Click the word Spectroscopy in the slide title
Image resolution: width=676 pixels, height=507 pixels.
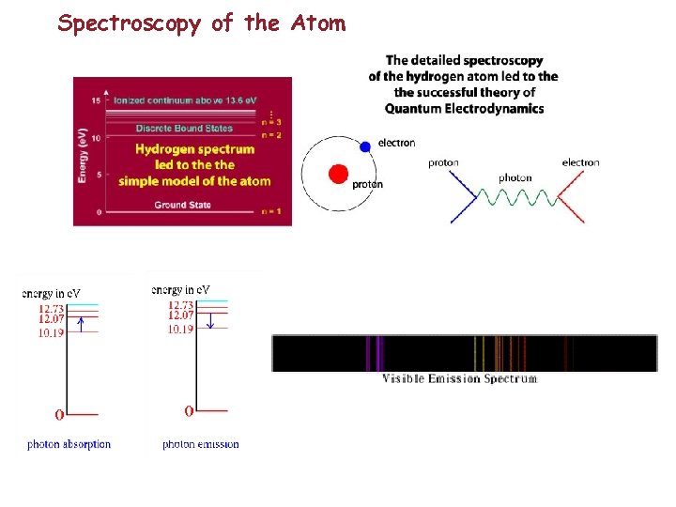130,23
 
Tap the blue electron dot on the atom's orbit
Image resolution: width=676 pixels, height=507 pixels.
365,147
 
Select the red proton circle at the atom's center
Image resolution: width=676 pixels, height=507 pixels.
339,174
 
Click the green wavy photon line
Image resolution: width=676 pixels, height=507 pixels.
514,196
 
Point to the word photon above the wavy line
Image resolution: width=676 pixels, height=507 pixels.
515,177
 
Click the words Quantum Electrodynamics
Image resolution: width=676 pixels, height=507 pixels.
464,108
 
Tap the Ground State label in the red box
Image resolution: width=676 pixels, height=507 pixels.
182,205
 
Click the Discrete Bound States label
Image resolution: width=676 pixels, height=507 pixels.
184,128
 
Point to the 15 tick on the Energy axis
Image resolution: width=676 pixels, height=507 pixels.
96,100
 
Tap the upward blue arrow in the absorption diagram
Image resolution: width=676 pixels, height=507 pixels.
82,325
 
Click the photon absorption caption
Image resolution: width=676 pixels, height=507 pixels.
69,444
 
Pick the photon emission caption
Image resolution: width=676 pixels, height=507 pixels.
200,444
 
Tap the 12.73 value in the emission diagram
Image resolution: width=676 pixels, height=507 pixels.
181,305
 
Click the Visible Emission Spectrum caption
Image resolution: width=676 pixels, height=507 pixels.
460,379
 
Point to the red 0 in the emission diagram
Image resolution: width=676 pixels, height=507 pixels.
189,411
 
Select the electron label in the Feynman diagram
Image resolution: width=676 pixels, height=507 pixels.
580,162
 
